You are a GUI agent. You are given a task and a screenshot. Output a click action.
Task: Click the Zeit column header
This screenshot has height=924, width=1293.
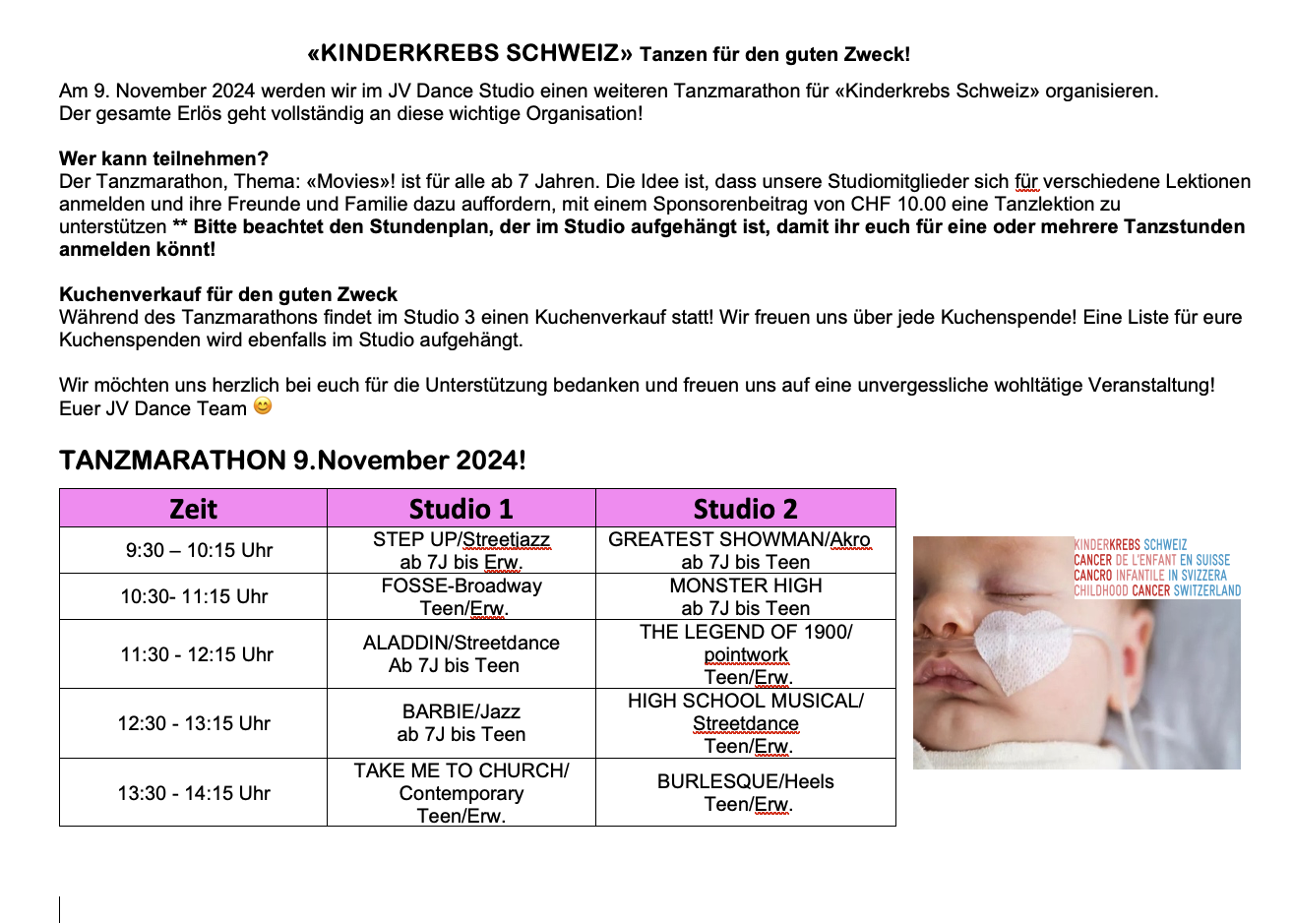pyautogui.click(x=193, y=509)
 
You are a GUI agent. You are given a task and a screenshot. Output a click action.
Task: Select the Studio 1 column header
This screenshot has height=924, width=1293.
pyautogui.click(x=461, y=509)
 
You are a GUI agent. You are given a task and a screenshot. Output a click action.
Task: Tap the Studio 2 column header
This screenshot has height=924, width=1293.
pyautogui.click(x=745, y=509)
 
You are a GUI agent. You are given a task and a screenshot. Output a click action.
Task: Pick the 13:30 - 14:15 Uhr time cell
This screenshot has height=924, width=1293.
pyautogui.click(x=194, y=793)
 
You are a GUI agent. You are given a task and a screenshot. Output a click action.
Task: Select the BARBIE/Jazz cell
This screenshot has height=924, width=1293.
pyautogui.click(x=461, y=723)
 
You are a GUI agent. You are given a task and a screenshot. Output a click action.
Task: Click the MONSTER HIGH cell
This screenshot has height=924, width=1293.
pyautogui.click(x=745, y=596)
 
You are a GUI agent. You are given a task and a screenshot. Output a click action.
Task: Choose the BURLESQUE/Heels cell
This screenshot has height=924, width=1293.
pyautogui.click(x=745, y=793)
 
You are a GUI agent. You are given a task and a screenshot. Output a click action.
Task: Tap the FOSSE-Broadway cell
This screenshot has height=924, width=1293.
pyautogui.click(x=461, y=596)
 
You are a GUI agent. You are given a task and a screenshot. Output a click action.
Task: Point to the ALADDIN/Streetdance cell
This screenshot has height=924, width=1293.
pyautogui.click(x=461, y=654)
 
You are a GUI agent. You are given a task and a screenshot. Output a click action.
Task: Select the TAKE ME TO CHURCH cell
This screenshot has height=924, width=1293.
pyautogui.click(x=461, y=792)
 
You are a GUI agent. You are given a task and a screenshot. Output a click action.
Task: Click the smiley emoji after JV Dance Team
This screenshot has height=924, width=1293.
pyautogui.click(x=263, y=406)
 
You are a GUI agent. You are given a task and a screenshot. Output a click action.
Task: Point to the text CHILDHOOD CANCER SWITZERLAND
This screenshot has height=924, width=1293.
pyautogui.click(x=1157, y=591)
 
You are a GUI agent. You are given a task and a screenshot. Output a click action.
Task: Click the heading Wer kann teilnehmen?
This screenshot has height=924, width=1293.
pyautogui.click(x=163, y=158)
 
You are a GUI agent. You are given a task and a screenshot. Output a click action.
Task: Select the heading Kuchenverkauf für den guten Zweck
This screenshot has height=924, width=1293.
pyautogui.click(x=228, y=294)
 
